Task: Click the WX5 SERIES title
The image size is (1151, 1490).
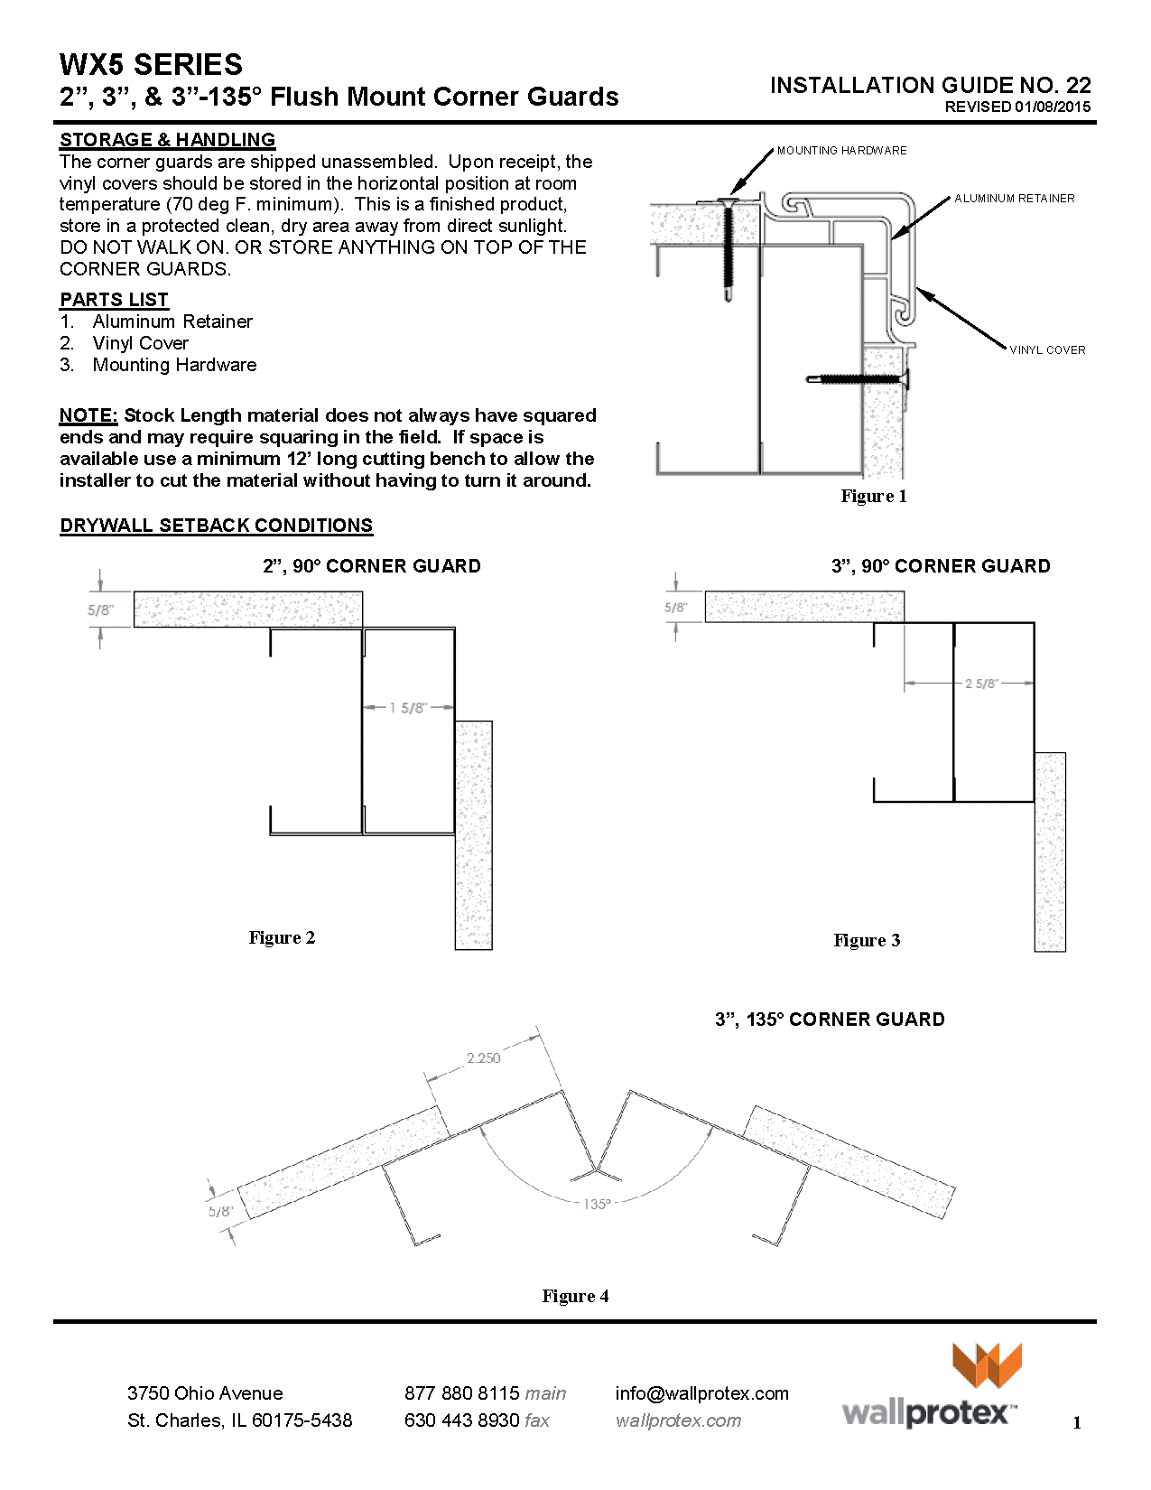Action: [x=151, y=65]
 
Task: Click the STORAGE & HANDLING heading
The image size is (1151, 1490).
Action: [x=167, y=140]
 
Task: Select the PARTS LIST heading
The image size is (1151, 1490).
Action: [x=114, y=300]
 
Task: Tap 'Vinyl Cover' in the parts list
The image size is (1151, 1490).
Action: [x=140, y=343]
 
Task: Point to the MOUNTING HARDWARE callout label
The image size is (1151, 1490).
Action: [x=841, y=151]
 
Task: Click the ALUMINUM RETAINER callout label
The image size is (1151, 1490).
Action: [x=1014, y=199]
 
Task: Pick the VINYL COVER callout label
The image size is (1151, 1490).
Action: [x=1046, y=350]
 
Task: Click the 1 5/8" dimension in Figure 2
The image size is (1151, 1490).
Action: [x=408, y=708]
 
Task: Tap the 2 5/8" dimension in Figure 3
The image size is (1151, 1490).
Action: [x=981, y=684]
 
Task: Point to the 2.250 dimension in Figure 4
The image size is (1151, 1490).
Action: [x=483, y=1057]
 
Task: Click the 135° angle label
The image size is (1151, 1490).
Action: [x=597, y=1204]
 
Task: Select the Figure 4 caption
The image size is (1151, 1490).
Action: [x=575, y=1296]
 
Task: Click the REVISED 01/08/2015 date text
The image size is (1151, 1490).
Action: [x=1016, y=107]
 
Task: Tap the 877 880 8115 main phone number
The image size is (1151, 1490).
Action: [x=485, y=1393]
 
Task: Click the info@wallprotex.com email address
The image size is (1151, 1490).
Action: [x=701, y=1393]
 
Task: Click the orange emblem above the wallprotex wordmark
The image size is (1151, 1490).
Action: [x=987, y=1364]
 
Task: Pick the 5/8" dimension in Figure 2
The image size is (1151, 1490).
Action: [x=101, y=610]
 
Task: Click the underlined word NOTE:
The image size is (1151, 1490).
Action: [x=88, y=415]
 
